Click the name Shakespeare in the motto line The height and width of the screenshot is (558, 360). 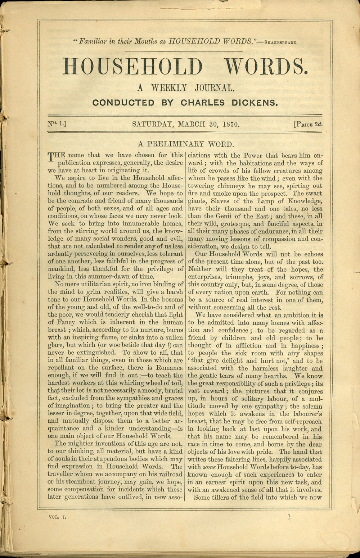(281, 42)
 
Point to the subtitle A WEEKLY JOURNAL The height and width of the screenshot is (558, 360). (185, 87)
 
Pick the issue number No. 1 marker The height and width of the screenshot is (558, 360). (58, 124)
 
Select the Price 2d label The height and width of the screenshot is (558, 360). (308, 125)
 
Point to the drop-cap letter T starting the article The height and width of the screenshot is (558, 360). (51, 157)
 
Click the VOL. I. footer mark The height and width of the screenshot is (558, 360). (58, 517)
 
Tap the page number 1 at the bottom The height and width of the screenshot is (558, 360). (289, 516)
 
